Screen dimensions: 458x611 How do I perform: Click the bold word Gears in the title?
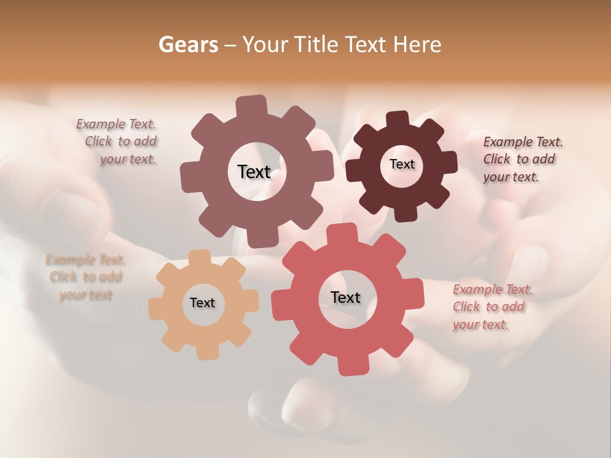(x=188, y=45)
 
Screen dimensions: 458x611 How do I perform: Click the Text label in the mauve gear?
(x=254, y=172)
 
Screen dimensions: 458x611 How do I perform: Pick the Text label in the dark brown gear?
(x=402, y=164)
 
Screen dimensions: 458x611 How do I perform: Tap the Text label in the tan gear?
(x=202, y=303)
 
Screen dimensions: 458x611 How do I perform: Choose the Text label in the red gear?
(x=346, y=297)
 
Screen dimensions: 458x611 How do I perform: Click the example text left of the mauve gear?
(x=118, y=142)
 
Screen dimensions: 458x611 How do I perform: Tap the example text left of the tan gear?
(x=85, y=277)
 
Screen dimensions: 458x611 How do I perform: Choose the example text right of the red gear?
(x=491, y=307)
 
